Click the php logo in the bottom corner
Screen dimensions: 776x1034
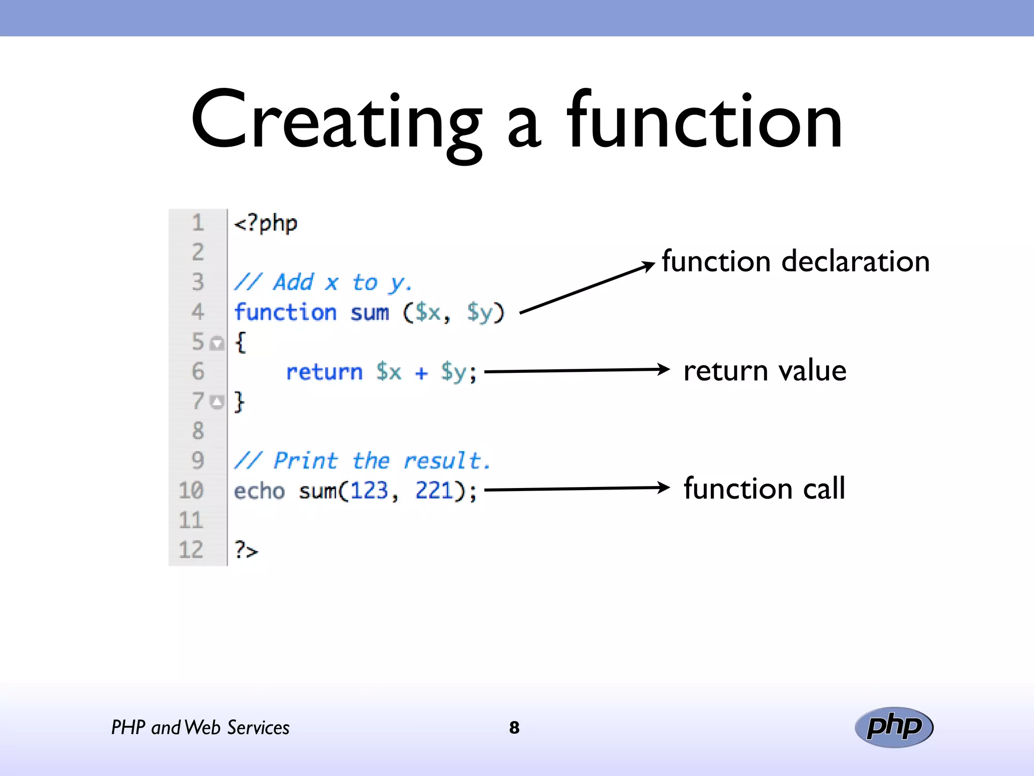[894, 727]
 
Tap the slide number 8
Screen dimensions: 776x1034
[514, 727]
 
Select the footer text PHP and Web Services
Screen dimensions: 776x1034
[200, 727]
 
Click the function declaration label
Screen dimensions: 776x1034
[795, 262]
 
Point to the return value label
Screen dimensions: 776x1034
[764, 370]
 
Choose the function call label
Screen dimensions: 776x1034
[764, 489]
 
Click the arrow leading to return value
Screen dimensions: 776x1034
[576, 371]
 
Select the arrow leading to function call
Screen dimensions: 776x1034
[576, 489]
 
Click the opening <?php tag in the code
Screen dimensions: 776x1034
[266, 223]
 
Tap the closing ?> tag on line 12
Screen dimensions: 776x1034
[246, 550]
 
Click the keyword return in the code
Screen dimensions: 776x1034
[324, 372]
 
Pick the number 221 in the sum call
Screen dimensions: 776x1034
[434, 491]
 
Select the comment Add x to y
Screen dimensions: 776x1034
[323, 282]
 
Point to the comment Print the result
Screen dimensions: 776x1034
[361, 461]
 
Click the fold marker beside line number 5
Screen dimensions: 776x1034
[217, 344]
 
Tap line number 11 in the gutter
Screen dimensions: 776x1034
[191, 520]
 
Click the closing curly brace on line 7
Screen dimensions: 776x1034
[239, 402]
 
